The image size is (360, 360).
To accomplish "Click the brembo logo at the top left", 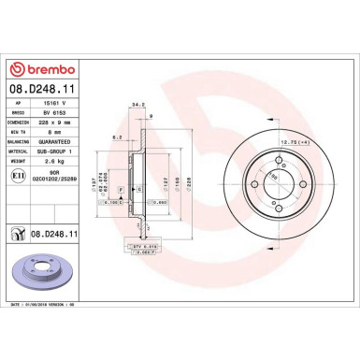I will click(46, 69).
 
